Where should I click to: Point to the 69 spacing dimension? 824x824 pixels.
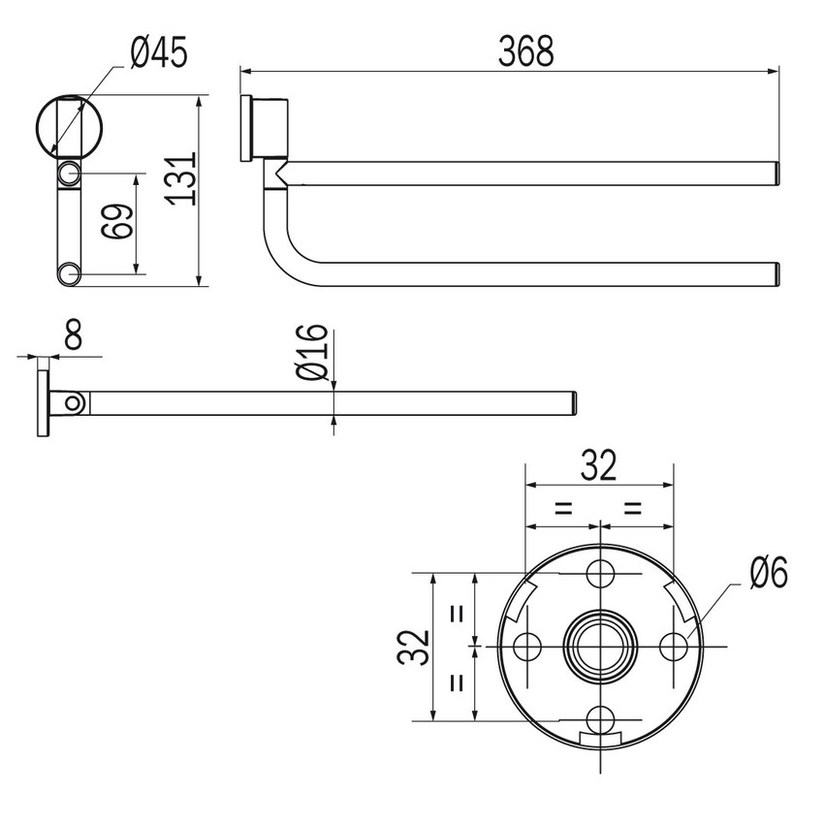click(x=117, y=222)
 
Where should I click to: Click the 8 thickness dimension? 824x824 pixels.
click(x=71, y=334)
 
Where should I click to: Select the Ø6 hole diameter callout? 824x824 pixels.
click(x=768, y=574)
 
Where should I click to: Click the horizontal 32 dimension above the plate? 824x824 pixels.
click(x=598, y=467)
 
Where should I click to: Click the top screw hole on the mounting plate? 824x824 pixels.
click(x=601, y=573)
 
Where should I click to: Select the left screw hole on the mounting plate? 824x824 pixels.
click(x=528, y=645)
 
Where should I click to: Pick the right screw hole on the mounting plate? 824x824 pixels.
click(x=673, y=645)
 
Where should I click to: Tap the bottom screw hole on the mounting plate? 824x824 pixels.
click(x=601, y=718)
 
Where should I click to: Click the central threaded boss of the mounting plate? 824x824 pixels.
click(x=601, y=645)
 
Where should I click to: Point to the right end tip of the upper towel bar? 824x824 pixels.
click(x=776, y=173)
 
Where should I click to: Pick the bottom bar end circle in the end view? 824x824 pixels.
click(x=69, y=274)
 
